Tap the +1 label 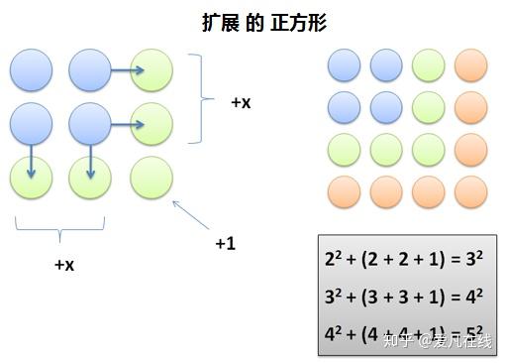(227, 242)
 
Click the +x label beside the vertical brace (241, 102)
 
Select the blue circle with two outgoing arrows (90, 125)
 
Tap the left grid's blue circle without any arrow (31, 68)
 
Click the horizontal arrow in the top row (127, 69)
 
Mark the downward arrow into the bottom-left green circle (31, 161)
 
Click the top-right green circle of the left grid (152, 68)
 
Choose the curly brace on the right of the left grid (205, 97)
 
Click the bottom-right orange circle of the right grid (470, 190)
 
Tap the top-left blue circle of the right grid (345, 65)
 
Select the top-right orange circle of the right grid (470, 65)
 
